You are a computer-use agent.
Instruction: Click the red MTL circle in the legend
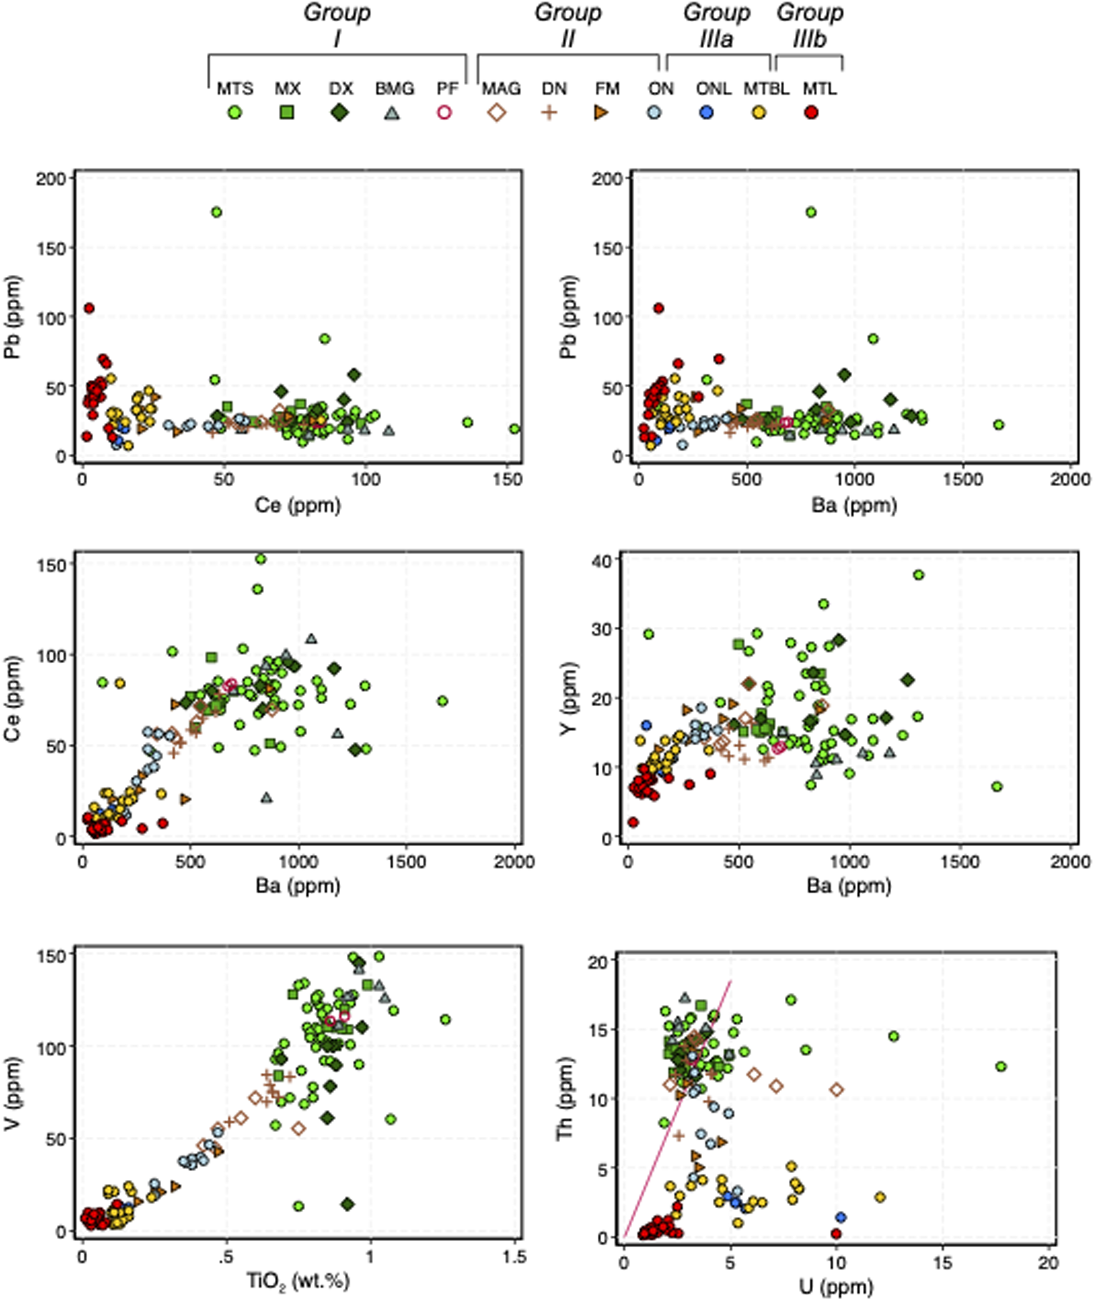[811, 113]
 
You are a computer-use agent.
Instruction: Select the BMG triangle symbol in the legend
[391, 113]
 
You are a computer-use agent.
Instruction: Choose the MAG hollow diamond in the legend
[497, 113]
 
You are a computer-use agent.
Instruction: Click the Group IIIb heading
[809, 26]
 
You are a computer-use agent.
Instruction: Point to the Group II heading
[568, 26]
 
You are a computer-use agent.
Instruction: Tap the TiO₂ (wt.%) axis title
[298, 1279]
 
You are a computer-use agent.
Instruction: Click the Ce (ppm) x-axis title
[298, 506]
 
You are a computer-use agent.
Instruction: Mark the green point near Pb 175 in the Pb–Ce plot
[216, 212]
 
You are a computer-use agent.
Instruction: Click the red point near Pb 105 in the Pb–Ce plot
[89, 308]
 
